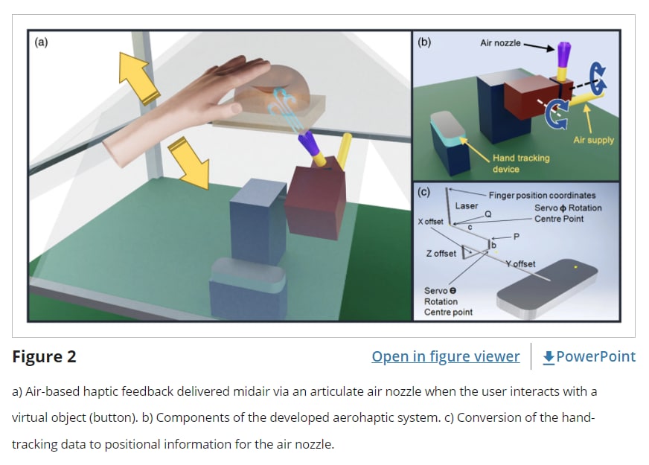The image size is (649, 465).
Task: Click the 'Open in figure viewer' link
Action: (x=445, y=356)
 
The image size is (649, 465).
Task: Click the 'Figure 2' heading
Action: (x=44, y=356)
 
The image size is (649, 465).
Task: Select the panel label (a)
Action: (x=42, y=42)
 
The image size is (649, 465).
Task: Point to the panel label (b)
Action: (x=424, y=42)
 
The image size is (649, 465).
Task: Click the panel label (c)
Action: (x=424, y=192)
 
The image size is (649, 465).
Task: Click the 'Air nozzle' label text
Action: (x=500, y=44)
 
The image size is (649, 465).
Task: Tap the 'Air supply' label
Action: (x=593, y=140)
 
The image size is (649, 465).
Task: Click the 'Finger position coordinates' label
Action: (x=542, y=195)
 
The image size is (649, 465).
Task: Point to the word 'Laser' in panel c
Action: (x=467, y=206)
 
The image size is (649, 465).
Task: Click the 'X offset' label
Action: (x=430, y=222)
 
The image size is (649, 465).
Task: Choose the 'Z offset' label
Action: (x=441, y=254)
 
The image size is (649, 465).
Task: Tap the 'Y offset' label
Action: (x=520, y=264)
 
